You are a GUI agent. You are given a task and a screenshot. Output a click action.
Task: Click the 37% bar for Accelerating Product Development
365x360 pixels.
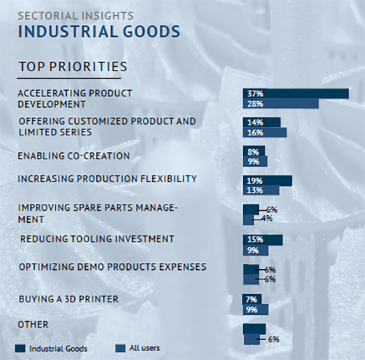(296, 93)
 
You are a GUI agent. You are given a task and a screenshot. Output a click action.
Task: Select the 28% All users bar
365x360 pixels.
(281, 103)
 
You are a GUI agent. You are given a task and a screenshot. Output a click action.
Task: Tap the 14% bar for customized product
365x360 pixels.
(262, 123)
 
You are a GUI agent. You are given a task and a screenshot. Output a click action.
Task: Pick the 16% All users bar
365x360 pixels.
(265, 132)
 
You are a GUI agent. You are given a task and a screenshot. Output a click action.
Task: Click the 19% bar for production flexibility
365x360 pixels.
(267, 181)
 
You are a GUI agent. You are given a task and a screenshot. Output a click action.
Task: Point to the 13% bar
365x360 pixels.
(261, 190)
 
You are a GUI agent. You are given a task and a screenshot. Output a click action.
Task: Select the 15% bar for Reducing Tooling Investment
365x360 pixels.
(263, 240)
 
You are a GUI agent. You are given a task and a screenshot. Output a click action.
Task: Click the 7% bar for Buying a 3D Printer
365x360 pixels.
(251, 299)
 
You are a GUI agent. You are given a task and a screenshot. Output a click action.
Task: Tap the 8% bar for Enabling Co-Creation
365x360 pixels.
(254, 151)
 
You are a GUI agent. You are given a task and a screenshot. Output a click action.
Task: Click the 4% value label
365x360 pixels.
(267, 218)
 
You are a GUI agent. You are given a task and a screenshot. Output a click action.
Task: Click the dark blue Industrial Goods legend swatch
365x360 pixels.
(20, 349)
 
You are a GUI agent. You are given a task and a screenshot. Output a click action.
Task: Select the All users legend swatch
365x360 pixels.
(120, 349)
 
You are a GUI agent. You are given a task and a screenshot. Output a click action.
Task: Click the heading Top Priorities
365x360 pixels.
(73, 67)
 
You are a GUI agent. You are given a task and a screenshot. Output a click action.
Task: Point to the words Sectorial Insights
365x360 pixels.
(76, 16)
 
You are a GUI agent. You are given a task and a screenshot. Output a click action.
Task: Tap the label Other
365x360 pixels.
(33, 324)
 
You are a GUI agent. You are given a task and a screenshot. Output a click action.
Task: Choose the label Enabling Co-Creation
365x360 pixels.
(74, 156)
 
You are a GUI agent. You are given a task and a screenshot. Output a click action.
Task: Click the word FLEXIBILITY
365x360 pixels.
(168, 178)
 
